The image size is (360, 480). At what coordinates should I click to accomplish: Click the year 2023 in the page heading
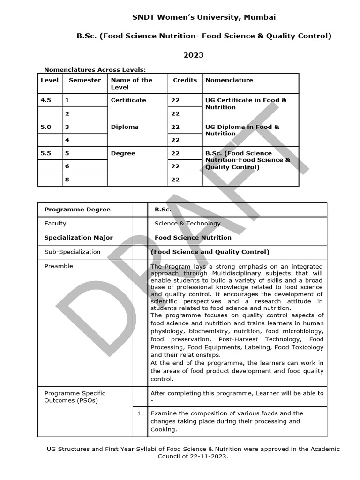[x=193, y=55]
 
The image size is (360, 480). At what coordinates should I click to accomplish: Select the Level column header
[x=50, y=80]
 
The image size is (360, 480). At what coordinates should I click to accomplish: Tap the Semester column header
[x=85, y=80]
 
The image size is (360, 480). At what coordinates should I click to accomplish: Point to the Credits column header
[x=185, y=80]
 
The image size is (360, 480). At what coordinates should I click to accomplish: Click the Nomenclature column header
[x=229, y=80]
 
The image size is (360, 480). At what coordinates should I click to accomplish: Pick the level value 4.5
[x=46, y=100]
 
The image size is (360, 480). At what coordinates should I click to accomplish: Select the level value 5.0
[x=46, y=127]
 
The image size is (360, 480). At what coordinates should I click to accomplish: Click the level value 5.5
[x=46, y=153]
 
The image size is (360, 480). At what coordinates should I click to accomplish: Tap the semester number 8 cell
[x=67, y=180]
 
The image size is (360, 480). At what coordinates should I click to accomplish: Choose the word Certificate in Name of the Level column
[x=128, y=100]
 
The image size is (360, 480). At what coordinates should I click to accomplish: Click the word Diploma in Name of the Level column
[x=123, y=127]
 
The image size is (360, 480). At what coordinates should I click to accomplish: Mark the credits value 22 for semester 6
[x=175, y=166]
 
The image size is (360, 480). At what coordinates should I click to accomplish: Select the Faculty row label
[x=55, y=224]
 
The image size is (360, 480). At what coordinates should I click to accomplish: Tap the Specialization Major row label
[x=78, y=238]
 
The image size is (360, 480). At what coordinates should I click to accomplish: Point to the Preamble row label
[x=59, y=266]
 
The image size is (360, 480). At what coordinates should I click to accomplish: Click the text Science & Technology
[x=187, y=224]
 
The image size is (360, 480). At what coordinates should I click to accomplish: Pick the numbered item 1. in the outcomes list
[x=140, y=413]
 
